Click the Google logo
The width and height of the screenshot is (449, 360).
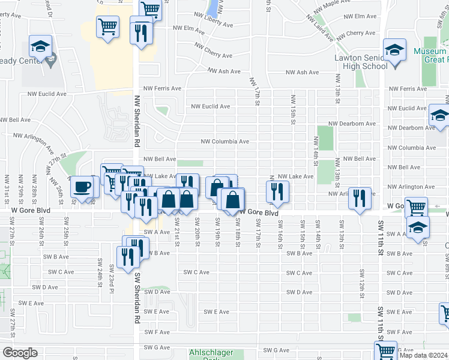pos(20,353)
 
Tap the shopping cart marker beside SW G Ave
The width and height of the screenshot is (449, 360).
pos(385,351)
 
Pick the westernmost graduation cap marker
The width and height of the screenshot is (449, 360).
pos(40,46)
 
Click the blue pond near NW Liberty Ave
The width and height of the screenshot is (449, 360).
pos(212,8)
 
